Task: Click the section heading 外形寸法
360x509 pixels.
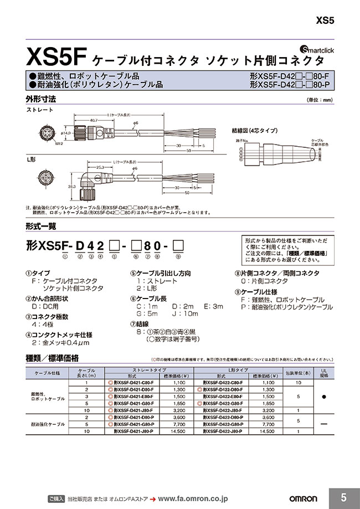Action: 41,100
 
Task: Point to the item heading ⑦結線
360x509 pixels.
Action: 142,324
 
